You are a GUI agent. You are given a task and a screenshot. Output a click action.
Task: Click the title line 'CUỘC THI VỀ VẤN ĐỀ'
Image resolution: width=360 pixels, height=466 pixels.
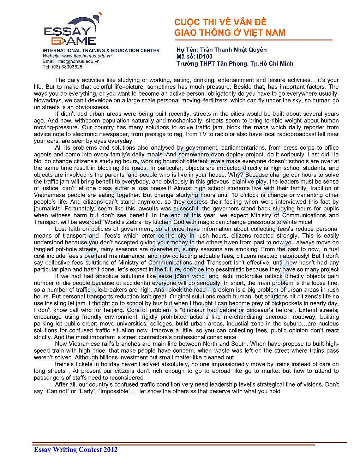pyautogui.click(x=220, y=22)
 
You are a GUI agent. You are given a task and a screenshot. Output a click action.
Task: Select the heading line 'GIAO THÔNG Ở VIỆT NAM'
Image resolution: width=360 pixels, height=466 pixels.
pyautogui.click(x=229, y=33)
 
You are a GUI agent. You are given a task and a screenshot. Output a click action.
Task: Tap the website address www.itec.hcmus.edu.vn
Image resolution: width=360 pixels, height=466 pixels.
pyautogui.click(x=87, y=56)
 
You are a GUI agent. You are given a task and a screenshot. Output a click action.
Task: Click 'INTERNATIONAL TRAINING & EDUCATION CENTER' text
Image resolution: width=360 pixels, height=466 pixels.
pyautogui.click(x=101, y=50)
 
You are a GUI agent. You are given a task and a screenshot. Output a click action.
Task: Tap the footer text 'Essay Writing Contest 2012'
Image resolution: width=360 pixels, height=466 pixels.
pyautogui.click(x=76, y=449)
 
